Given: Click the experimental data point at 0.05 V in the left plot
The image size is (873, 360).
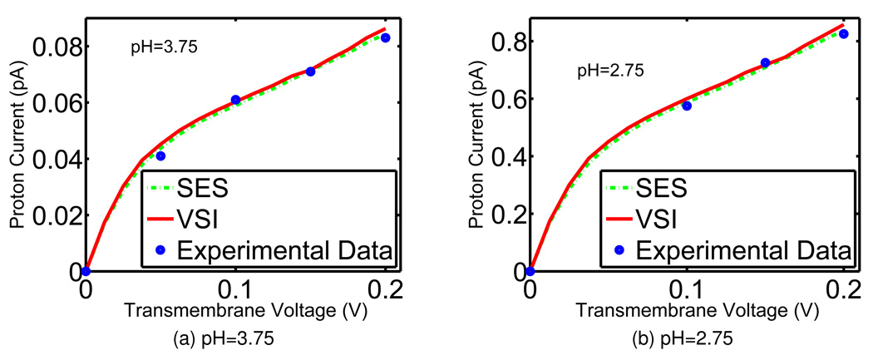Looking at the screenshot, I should [x=160, y=156].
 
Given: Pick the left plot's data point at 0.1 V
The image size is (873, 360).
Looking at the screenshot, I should [x=235, y=100].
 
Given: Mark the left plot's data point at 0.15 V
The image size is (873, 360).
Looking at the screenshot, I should [x=310, y=72].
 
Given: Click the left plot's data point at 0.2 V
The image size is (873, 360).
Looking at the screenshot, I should [x=385, y=37].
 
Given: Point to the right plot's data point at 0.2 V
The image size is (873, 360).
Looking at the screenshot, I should [x=843, y=34].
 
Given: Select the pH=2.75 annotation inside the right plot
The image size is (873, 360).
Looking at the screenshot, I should [x=611, y=72].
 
